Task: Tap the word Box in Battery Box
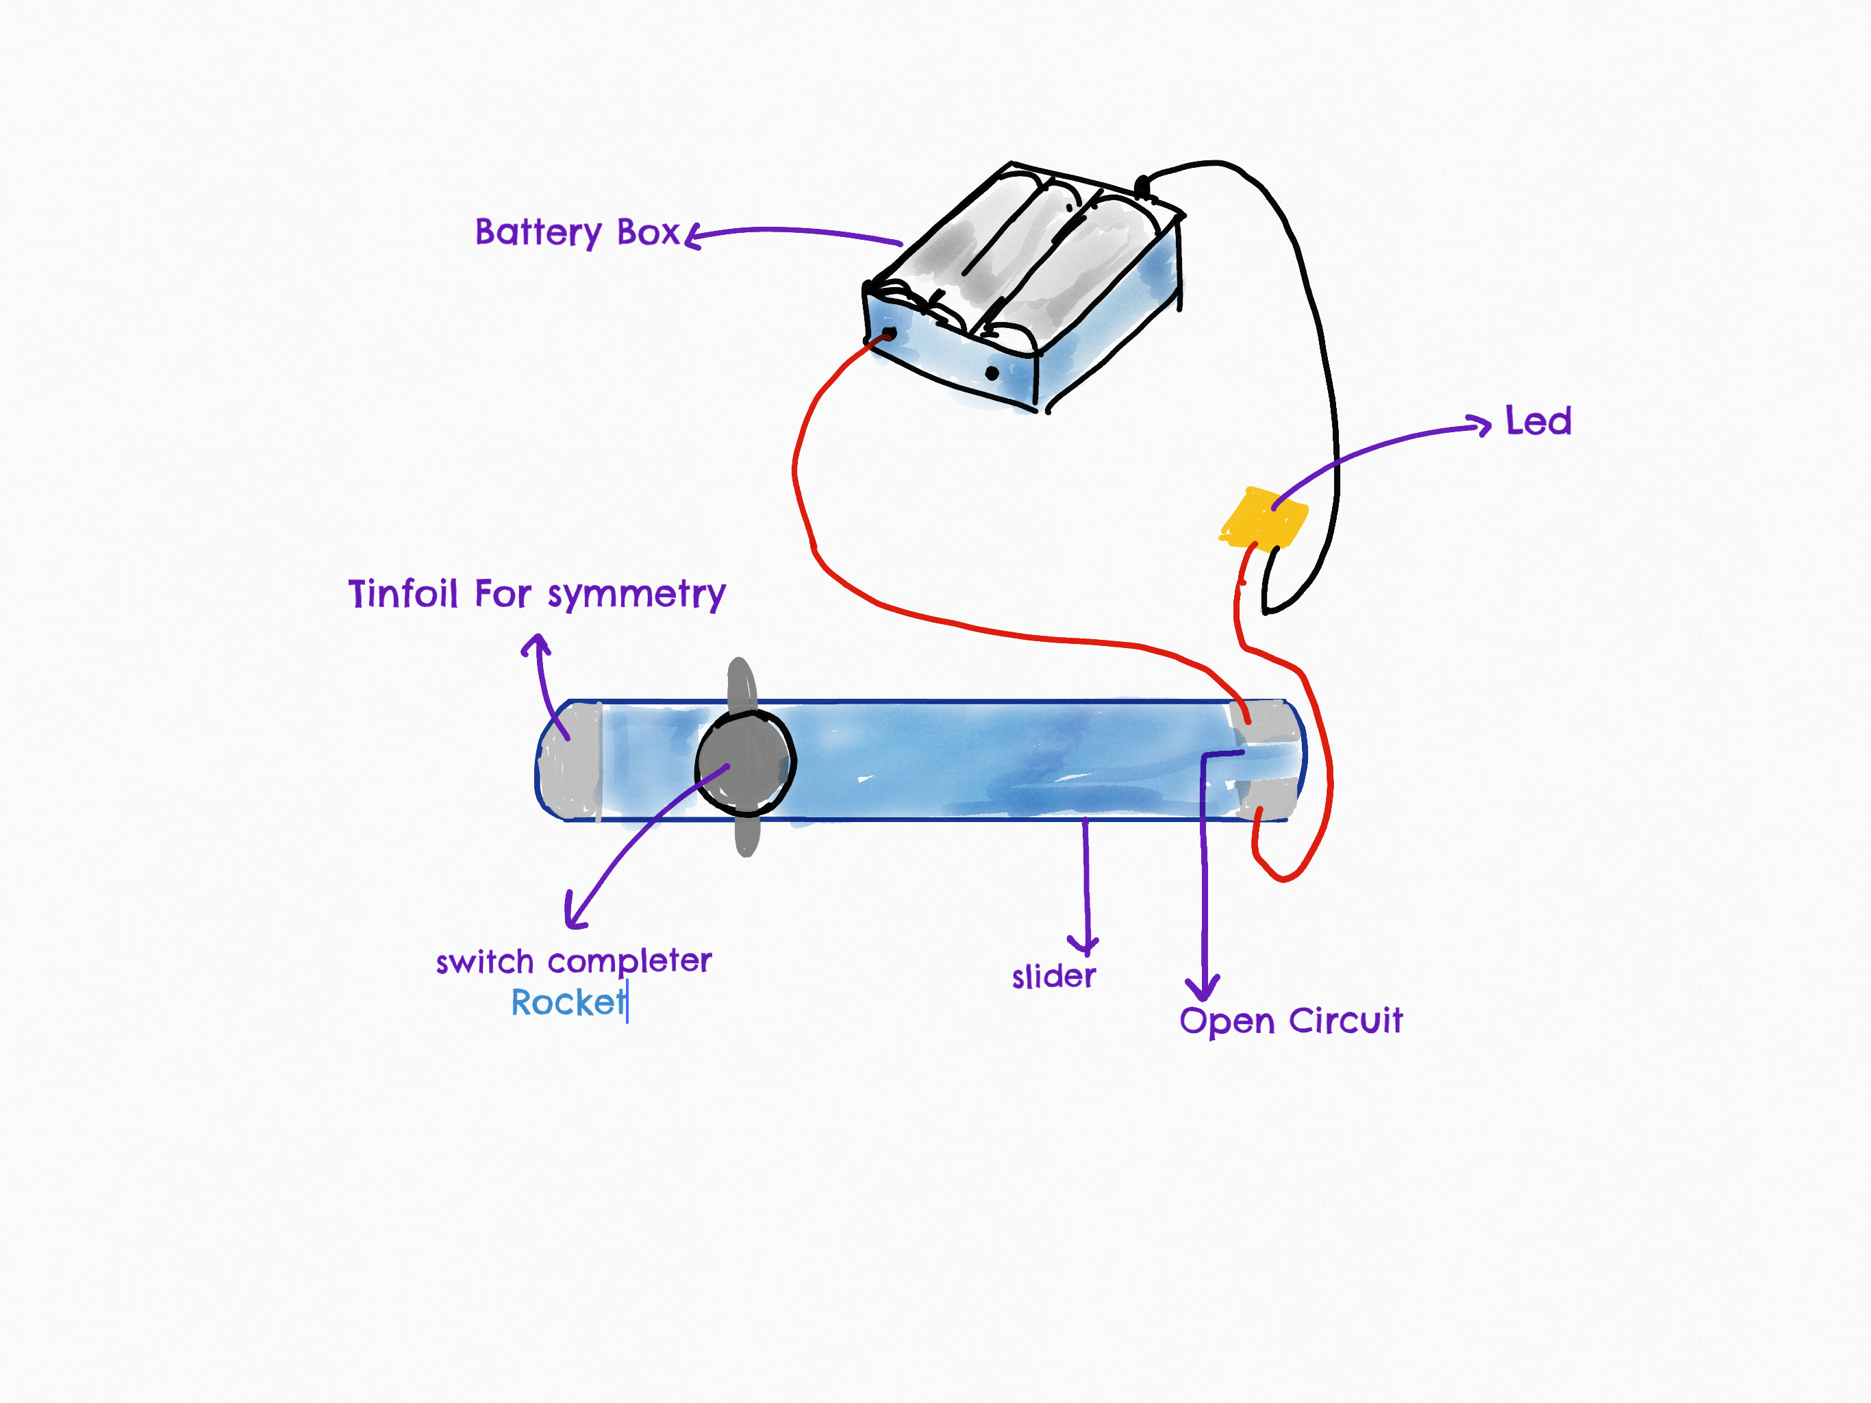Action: click(x=648, y=232)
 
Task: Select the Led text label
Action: click(x=1537, y=421)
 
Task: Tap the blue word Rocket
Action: click(x=568, y=1003)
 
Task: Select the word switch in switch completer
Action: click(x=485, y=962)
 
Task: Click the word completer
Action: click(x=629, y=962)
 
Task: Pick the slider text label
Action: click(x=1054, y=976)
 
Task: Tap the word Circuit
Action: click(x=1346, y=1021)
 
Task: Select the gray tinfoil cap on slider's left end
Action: click(x=570, y=760)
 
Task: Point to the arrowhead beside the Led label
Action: click(x=1480, y=425)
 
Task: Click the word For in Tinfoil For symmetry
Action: click(x=503, y=593)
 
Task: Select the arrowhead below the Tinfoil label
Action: click(x=536, y=645)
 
